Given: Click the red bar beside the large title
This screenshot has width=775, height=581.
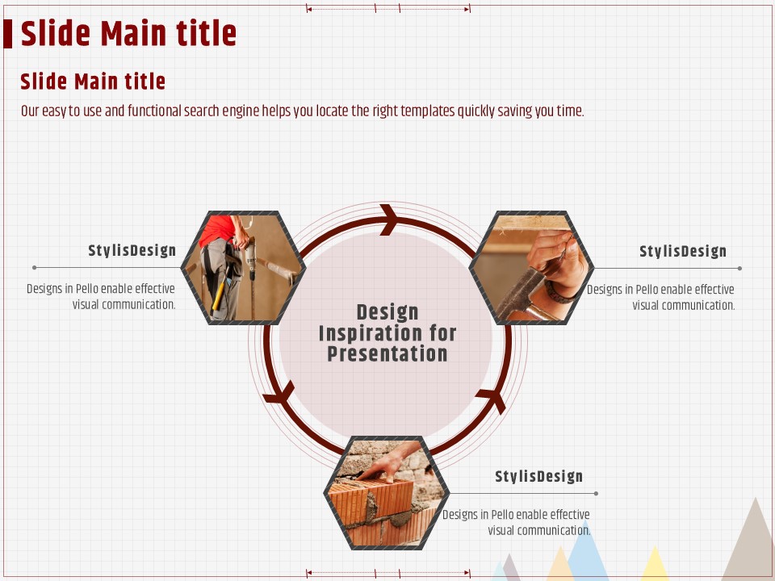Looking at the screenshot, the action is [x=7, y=34].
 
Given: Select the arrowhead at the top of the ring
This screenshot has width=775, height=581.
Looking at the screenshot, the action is [x=389, y=219].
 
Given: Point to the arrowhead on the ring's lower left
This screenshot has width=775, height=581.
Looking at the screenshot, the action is [x=280, y=393].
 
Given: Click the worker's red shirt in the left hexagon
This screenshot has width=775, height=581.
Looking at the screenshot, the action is [x=216, y=230].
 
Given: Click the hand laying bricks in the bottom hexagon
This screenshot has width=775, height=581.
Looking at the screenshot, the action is [x=391, y=462].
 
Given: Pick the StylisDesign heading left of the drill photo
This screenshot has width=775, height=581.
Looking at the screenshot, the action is [x=132, y=250].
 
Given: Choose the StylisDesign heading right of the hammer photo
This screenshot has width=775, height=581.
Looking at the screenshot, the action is [x=683, y=252].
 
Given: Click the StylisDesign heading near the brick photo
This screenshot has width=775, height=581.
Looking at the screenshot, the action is [x=538, y=476].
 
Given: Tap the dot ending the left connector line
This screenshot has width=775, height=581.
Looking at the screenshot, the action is [x=34, y=268].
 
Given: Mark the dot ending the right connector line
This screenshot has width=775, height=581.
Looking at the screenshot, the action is [x=739, y=268].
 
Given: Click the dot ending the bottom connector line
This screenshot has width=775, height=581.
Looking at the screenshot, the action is [x=596, y=494].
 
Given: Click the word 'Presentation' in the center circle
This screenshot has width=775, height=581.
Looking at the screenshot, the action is [x=387, y=354].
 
